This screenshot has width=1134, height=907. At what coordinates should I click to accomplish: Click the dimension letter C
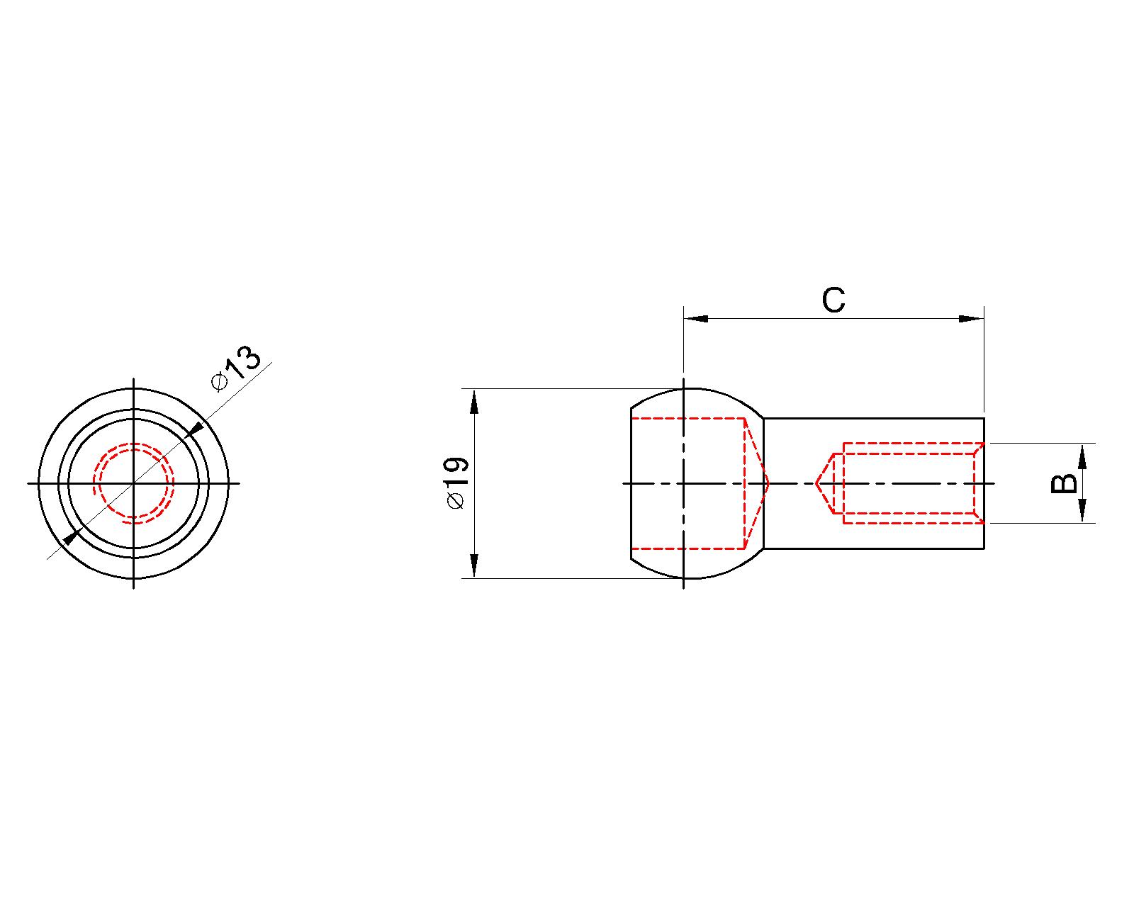(x=833, y=300)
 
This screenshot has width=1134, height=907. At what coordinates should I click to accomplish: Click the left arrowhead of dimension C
(x=695, y=319)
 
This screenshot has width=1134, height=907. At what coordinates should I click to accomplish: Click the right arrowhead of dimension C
(x=971, y=319)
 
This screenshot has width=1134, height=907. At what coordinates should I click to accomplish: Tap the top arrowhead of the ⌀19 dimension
(x=474, y=402)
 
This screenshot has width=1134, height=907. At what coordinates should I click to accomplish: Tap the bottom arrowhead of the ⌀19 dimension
(x=474, y=565)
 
